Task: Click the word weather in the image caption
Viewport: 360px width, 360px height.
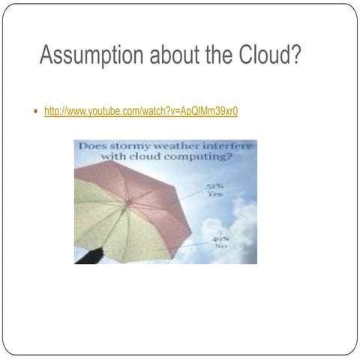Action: pos(181,145)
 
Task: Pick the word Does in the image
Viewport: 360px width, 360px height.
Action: pos(94,145)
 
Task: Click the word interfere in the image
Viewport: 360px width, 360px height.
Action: pos(230,145)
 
